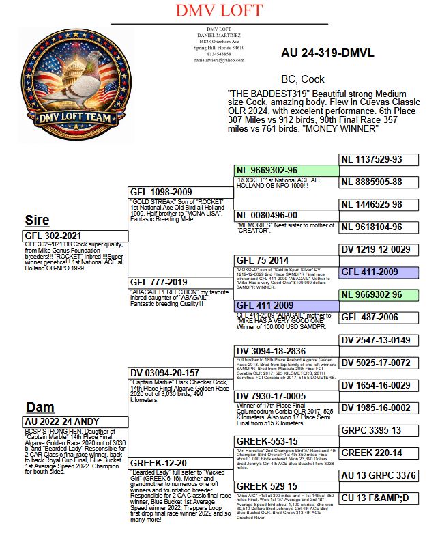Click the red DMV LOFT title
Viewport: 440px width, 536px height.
click(220, 11)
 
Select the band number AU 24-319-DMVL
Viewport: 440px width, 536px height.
click(327, 53)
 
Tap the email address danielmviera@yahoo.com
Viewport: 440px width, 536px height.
click(219, 61)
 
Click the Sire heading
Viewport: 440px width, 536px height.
click(37, 220)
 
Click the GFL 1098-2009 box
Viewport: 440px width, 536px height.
click(180, 193)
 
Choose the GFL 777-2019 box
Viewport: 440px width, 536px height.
click(180, 282)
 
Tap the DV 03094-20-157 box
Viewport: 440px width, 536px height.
click(180, 373)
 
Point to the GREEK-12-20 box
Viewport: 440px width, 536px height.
click(180, 463)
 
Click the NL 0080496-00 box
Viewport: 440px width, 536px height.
click(287, 216)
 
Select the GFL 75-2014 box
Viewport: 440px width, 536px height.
click(287, 260)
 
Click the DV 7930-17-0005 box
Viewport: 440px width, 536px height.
click(287, 396)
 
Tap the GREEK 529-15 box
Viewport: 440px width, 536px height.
click(287, 486)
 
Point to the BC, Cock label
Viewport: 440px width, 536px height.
click(303, 79)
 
